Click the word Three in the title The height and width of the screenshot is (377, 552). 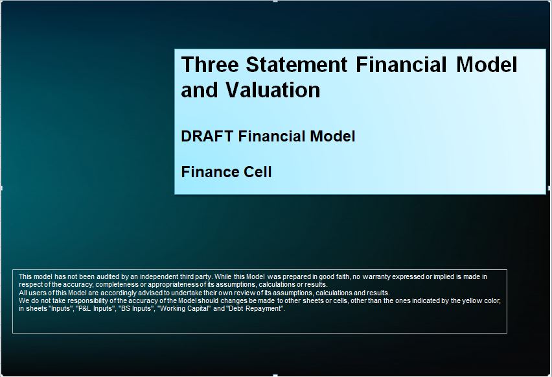coord(210,64)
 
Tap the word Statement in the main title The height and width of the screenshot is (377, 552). coord(297,64)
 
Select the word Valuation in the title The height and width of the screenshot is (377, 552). coord(273,90)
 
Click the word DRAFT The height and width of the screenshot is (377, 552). coord(207,136)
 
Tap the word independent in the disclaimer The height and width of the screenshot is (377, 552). coord(159,277)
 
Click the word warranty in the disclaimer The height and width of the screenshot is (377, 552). coord(376,277)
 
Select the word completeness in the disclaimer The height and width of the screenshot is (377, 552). coord(117,285)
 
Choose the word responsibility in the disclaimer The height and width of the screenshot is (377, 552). coord(88,301)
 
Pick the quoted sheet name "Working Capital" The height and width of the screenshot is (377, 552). coord(185,309)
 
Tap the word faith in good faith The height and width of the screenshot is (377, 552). coord(343,277)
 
